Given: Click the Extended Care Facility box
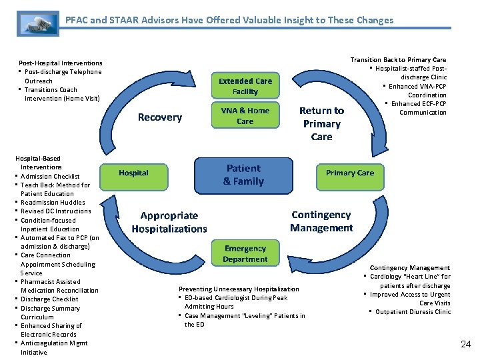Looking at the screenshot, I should (245, 85).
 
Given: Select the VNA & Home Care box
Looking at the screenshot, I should (245, 116).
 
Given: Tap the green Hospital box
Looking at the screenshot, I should (133, 173).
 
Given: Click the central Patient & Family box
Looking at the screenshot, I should (243, 175).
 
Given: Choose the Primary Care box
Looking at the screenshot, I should (349, 173).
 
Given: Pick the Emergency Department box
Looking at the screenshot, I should (245, 254).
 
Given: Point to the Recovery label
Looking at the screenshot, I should (159, 117).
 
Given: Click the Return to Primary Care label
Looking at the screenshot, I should (321, 123).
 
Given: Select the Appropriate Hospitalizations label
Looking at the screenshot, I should (169, 222).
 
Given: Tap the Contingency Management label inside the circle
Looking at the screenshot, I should (321, 221).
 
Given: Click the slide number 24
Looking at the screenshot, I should (465, 344).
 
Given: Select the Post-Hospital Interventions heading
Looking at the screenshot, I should (61, 63).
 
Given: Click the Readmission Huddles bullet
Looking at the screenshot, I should (53, 203).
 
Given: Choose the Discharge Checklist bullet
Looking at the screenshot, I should (49, 299).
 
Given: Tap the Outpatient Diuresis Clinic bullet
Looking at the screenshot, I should (413, 312).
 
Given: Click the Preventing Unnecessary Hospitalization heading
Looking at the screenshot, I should (239, 289).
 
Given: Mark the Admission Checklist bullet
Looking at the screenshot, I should (50, 176).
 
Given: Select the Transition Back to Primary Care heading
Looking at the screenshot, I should (398, 60).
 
